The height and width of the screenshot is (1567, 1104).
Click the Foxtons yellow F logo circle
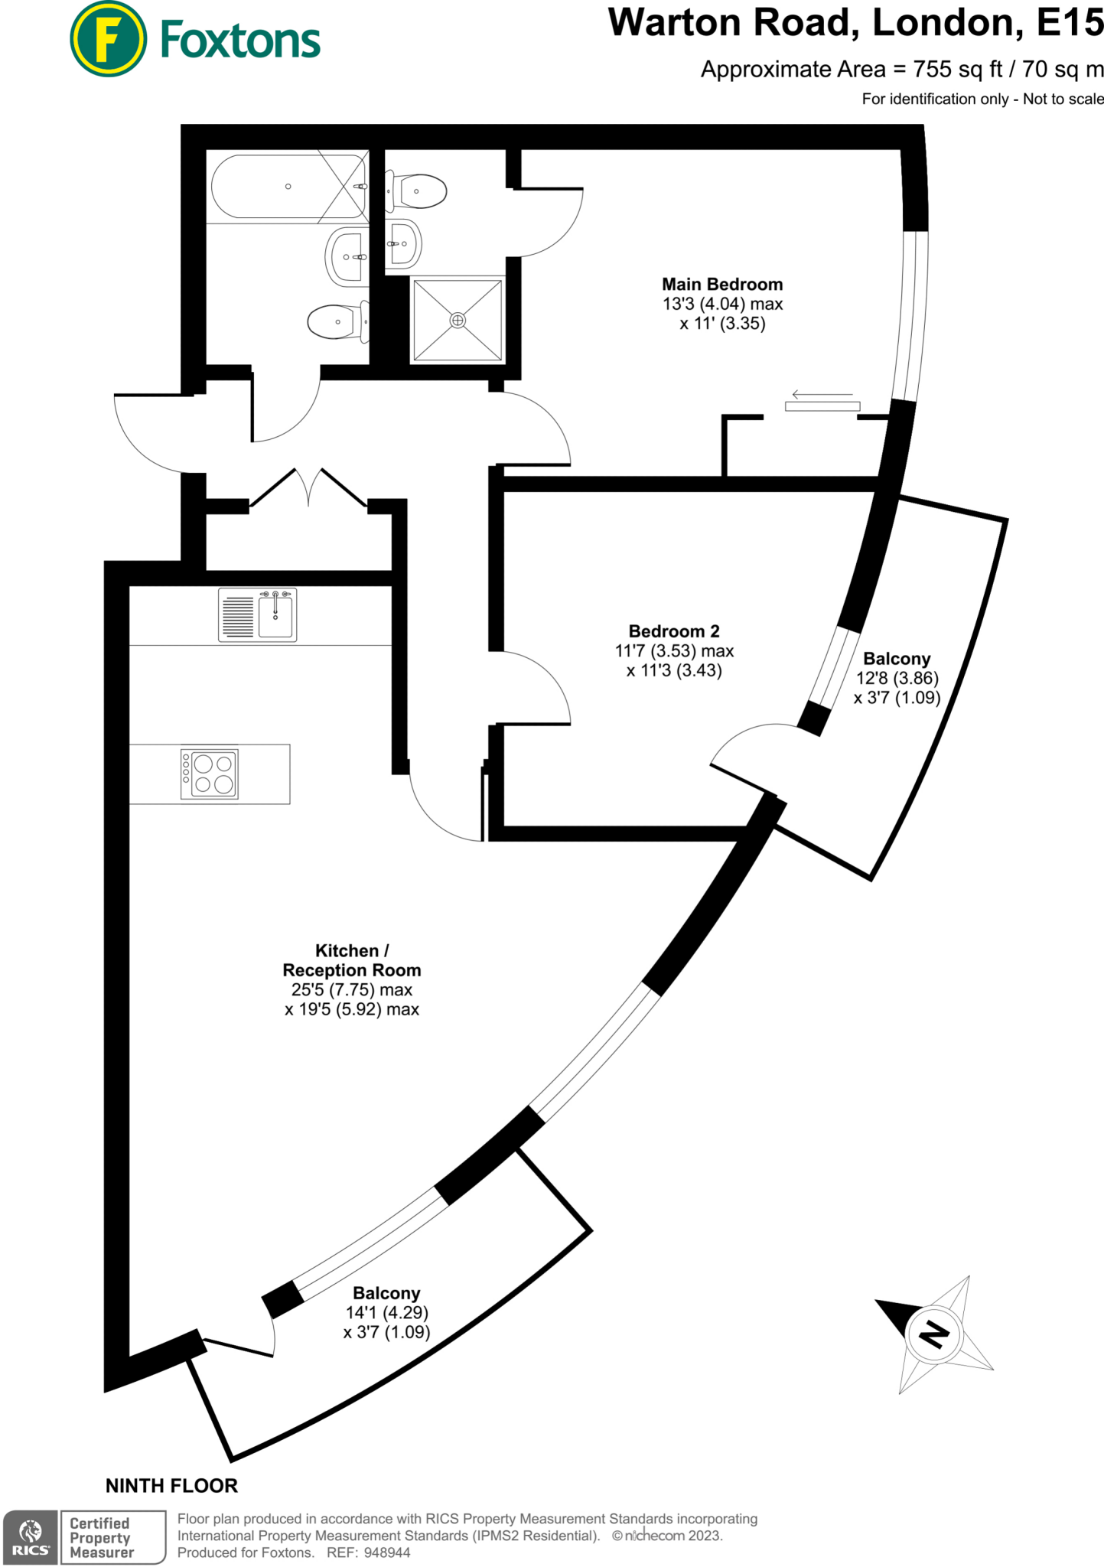[x=108, y=39]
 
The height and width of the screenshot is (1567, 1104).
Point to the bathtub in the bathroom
[x=288, y=186]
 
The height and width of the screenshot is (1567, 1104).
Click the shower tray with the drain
[x=458, y=320]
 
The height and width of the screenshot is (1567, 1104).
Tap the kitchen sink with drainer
[x=258, y=614]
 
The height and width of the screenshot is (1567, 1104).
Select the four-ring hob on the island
[x=210, y=774]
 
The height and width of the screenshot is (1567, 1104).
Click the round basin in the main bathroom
[x=347, y=256]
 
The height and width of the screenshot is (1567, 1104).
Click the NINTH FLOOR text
[x=171, y=1485]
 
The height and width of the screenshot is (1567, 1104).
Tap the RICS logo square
[x=31, y=1536]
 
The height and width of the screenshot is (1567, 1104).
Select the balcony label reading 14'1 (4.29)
[x=386, y=1312]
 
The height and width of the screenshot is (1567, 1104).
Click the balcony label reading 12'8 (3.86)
[x=897, y=678]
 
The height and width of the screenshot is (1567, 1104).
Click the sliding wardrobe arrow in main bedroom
[x=822, y=395]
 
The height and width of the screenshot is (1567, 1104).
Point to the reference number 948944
[x=387, y=1552]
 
